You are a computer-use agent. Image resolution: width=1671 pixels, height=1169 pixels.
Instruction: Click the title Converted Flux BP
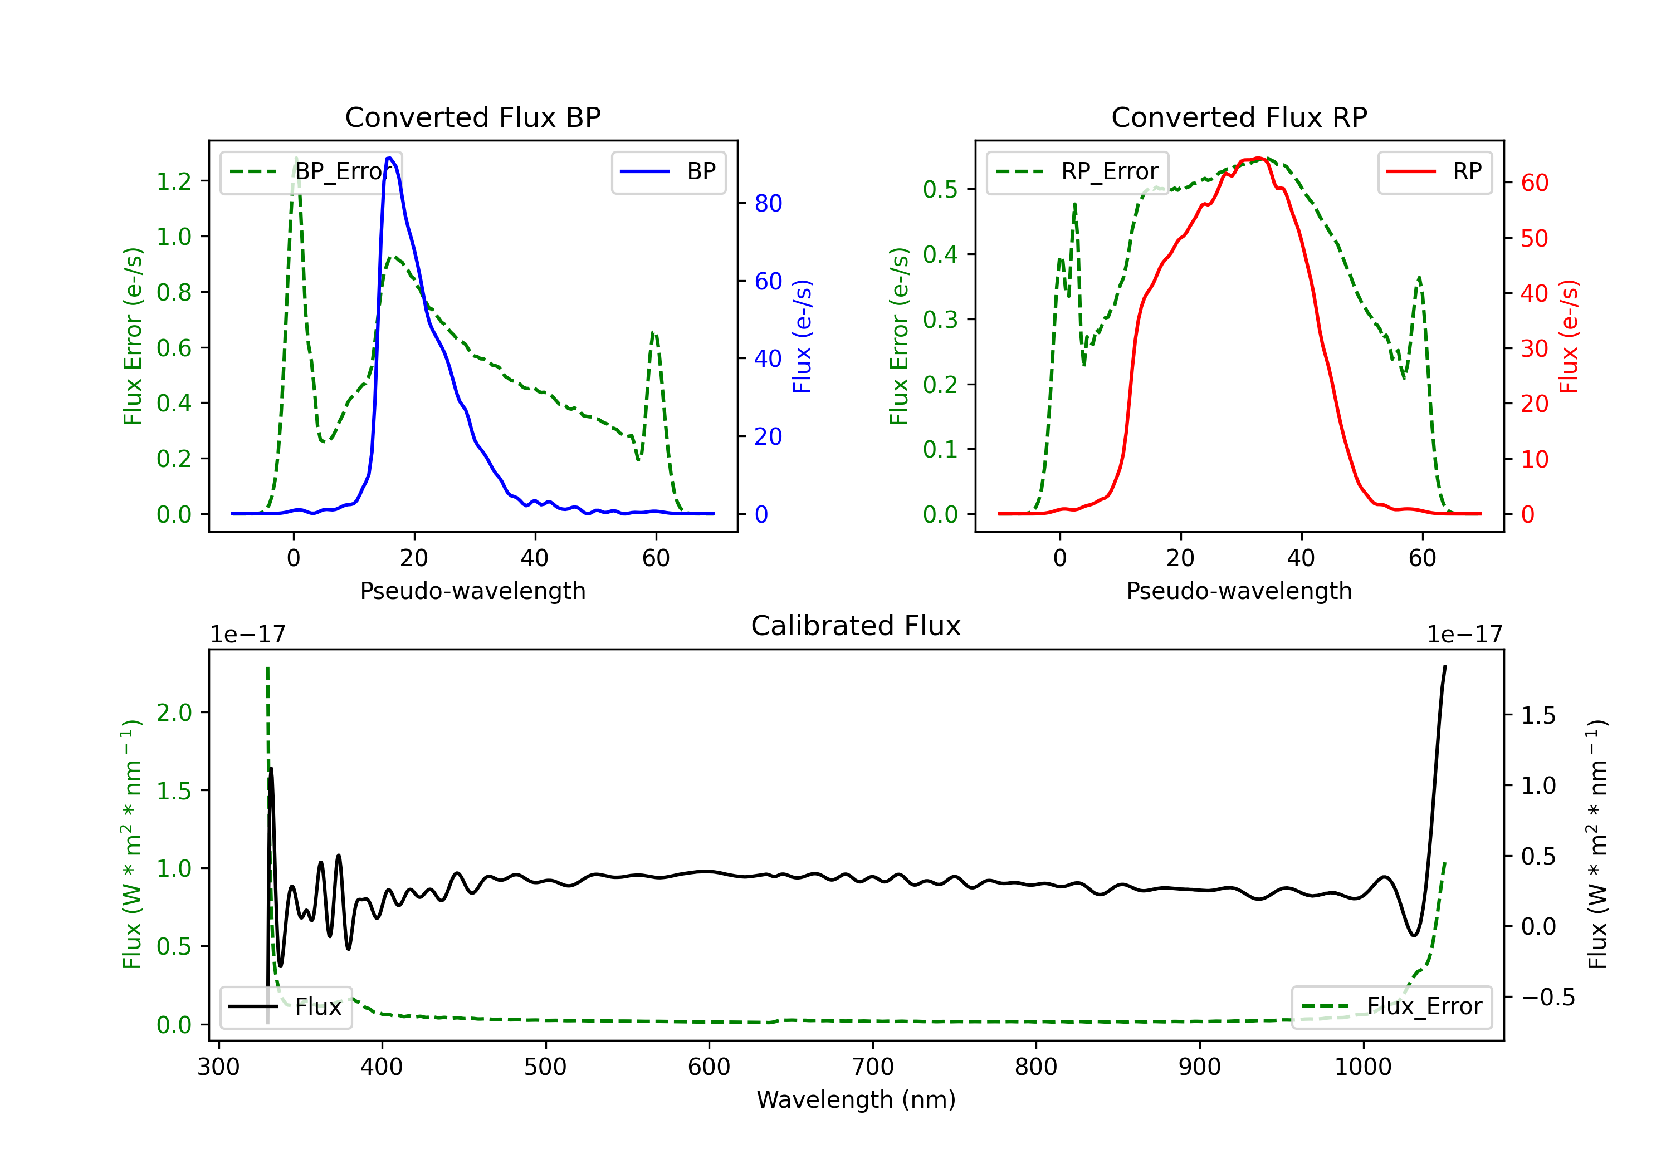pyautogui.click(x=473, y=117)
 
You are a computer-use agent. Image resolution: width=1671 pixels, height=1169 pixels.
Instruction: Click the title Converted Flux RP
pyautogui.click(x=1239, y=117)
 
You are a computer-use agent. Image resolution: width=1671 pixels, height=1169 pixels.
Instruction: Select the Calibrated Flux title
pyautogui.click(x=856, y=626)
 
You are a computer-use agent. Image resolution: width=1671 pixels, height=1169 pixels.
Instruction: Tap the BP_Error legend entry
pyautogui.click(x=311, y=171)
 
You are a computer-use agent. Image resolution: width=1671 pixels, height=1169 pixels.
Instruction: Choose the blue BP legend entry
pyautogui.click(x=668, y=171)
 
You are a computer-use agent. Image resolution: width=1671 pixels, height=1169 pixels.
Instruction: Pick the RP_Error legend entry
pyautogui.click(x=1077, y=171)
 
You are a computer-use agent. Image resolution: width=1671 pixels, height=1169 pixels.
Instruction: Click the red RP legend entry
pyautogui.click(x=1434, y=171)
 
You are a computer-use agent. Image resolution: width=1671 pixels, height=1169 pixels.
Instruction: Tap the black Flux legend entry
pyautogui.click(x=285, y=1007)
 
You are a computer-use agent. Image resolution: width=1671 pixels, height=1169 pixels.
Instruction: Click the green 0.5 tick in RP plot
pyautogui.click(x=940, y=189)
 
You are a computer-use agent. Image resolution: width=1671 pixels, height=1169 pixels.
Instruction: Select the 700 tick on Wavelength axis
pyautogui.click(x=873, y=1067)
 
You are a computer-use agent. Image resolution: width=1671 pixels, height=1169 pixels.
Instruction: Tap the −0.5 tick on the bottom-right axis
pyautogui.click(x=1548, y=998)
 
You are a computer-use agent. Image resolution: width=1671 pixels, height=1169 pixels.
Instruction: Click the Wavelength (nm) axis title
pyautogui.click(x=856, y=1100)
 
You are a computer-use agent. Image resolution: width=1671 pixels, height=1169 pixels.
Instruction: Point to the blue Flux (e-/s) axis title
pyautogui.click(x=802, y=337)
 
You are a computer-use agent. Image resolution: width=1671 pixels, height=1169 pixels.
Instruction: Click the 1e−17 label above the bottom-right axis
pyautogui.click(x=1464, y=635)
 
